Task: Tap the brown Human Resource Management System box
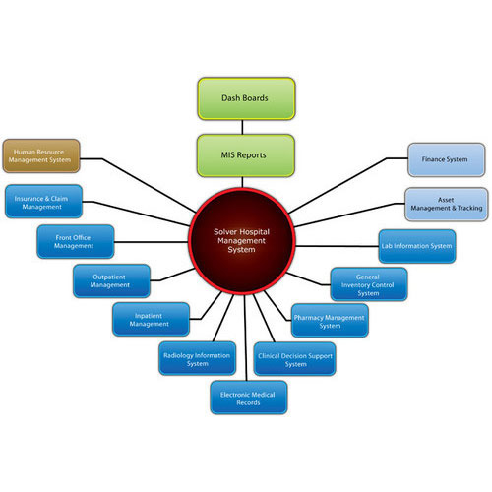coord(40,154)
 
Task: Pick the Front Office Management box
coord(75,241)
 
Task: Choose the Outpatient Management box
coord(111,280)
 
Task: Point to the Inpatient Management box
coord(149,319)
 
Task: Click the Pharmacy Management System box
coord(331,319)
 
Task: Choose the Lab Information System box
coord(417,246)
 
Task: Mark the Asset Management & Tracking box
coord(447,204)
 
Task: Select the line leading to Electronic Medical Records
coord(245,349)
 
